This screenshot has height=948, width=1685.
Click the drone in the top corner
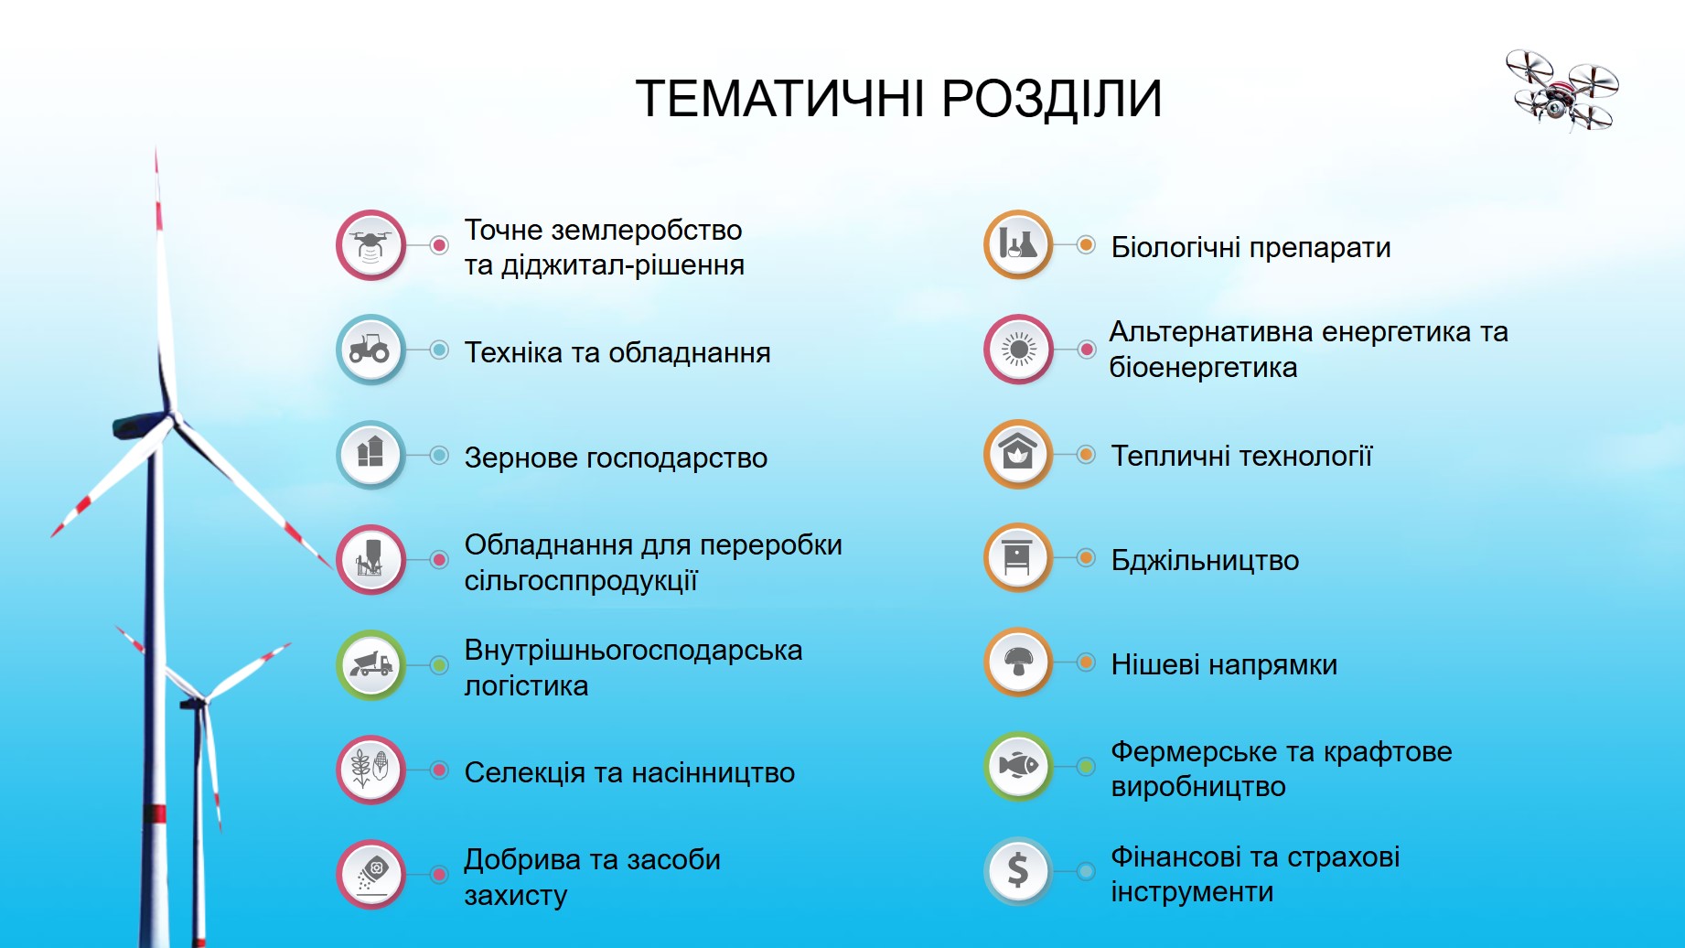pyautogui.click(x=1562, y=91)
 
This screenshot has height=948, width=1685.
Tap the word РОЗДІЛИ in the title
pyautogui.click(x=1051, y=99)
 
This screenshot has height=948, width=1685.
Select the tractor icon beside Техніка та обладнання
pyautogui.click(x=370, y=350)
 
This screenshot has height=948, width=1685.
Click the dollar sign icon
pyautogui.click(x=1018, y=871)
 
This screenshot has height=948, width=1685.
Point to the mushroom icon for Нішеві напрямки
pyautogui.click(x=1018, y=662)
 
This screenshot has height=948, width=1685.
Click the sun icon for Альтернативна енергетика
pyautogui.click(x=1018, y=350)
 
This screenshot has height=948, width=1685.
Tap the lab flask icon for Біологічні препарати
pyautogui.click(x=1018, y=244)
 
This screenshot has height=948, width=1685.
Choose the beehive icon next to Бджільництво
pyautogui.click(x=1018, y=557)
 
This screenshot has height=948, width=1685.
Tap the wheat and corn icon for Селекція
pyautogui.click(x=370, y=770)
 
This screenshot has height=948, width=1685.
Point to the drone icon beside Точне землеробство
pyautogui.click(x=370, y=245)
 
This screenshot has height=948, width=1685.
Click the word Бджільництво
pyautogui.click(x=1205, y=560)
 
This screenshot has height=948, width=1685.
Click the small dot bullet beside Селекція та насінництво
pyautogui.click(x=439, y=770)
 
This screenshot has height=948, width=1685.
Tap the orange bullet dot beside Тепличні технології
pyautogui.click(x=1086, y=454)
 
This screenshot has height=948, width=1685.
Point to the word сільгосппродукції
pyautogui.click(x=581, y=581)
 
